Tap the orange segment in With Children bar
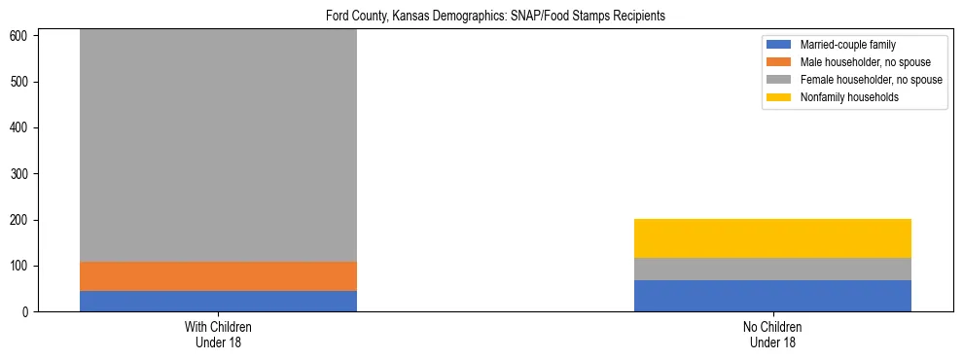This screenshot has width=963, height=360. click(x=218, y=276)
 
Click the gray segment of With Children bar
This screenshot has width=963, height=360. click(x=218, y=146)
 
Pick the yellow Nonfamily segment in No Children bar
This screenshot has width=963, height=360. click(x=772, y=238)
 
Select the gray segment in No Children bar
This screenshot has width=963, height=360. click(x=772, y=269)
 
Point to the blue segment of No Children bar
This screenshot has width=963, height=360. click(x=772, y=296)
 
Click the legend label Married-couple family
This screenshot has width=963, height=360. click(x=847, y=45)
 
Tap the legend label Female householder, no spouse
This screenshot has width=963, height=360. click(x=871, y=80)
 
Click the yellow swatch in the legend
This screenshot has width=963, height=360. click(x=780, y=97)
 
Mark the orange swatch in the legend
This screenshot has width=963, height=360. click(x=780, y=62)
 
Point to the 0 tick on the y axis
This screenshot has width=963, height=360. click(x=27, y=312)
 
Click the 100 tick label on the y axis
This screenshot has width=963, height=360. click(x=21, y=266)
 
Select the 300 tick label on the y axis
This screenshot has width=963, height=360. click(x=21, y=174)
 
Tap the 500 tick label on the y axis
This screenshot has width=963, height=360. click(x=21, y=82)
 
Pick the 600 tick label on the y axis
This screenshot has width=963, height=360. click(x=21, y=36)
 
